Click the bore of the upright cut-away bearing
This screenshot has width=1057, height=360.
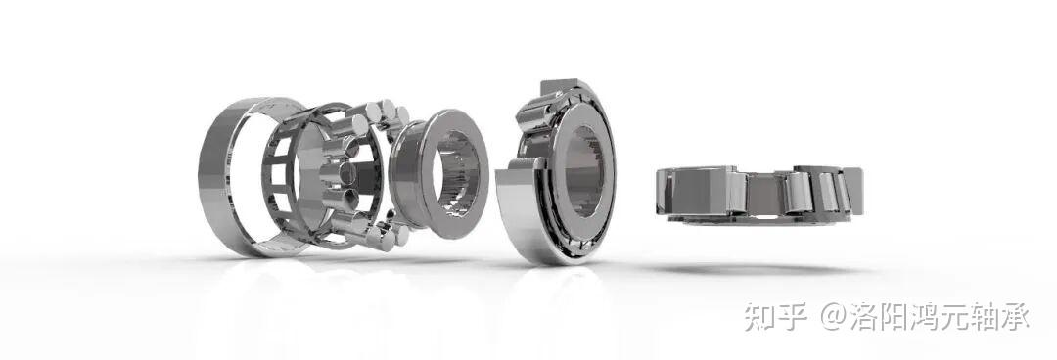582,172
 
